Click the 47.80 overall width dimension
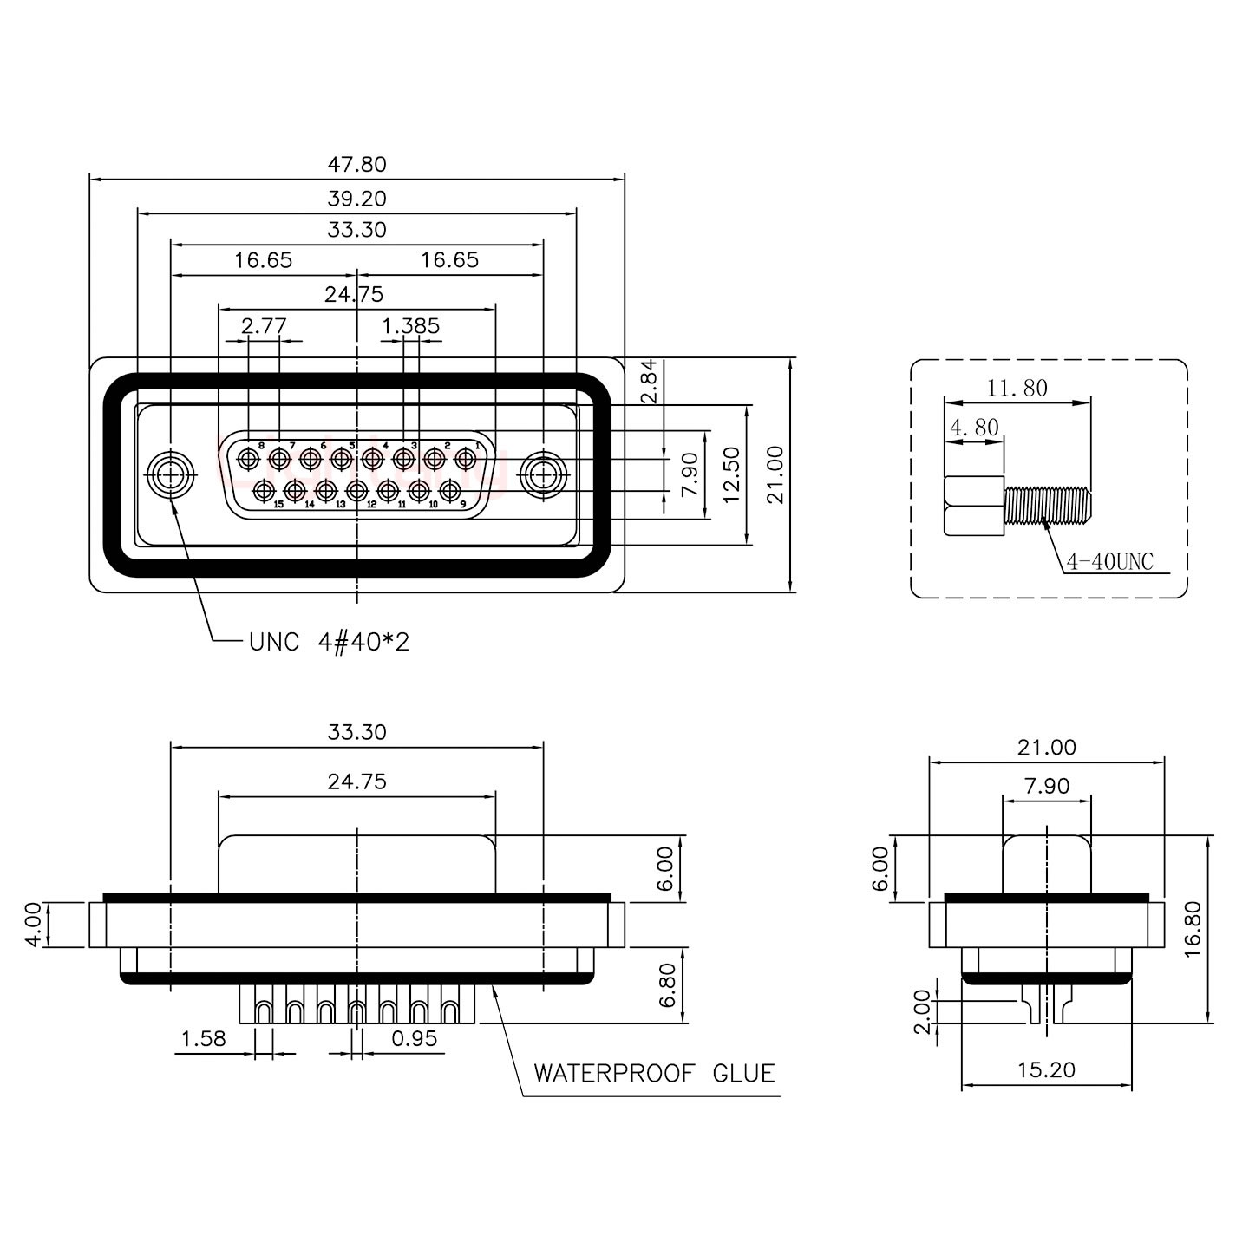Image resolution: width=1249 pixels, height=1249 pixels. [x=356, y=164]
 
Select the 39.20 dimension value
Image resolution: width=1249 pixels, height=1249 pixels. [x=356, y=199]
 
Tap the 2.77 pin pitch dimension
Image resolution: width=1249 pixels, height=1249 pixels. [x=264, y=326]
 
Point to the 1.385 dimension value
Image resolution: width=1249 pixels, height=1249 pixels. [x=410, y=326]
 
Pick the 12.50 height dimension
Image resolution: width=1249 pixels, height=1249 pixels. [x=731, y=474]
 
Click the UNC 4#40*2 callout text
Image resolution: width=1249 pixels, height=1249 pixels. [x=329, y=643]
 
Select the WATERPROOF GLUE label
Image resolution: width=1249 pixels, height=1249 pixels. [x=654, y=1074]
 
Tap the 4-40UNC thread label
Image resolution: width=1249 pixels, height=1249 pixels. [x=1110, y=561]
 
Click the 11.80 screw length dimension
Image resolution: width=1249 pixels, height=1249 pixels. [x=1017, y=388]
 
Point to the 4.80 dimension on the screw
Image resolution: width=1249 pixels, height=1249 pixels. [x=974, y=427]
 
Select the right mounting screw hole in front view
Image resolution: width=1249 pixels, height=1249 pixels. [x=543, y=475]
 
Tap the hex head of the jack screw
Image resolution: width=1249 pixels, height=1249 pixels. [x=974, y=506]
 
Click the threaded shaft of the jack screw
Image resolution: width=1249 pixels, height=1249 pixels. [x=1047, y=506]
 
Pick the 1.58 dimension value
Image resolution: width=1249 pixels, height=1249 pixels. [x=203, y=1038]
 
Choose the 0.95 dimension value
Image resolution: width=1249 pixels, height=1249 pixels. [x=414, y=1038]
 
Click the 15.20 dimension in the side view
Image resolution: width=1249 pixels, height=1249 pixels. [x=1046, y=1070]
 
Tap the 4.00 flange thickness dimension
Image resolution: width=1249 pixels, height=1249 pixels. [x=32, y=925]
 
